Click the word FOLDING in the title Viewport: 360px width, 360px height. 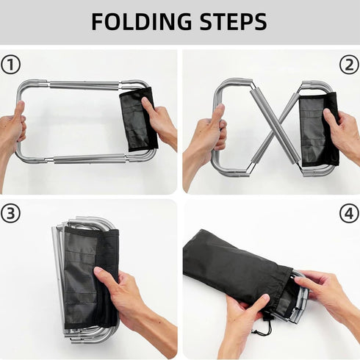141,22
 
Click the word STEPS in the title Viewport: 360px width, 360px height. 234,22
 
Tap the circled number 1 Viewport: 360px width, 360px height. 10,65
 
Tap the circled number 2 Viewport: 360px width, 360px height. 350,65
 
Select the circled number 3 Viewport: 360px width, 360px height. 10,213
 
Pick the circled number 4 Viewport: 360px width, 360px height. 350,213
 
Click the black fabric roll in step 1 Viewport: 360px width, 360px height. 139,120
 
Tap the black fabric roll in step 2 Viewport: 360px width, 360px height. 319,130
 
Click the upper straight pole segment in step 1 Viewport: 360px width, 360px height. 84,85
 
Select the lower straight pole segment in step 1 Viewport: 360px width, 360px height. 90,159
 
